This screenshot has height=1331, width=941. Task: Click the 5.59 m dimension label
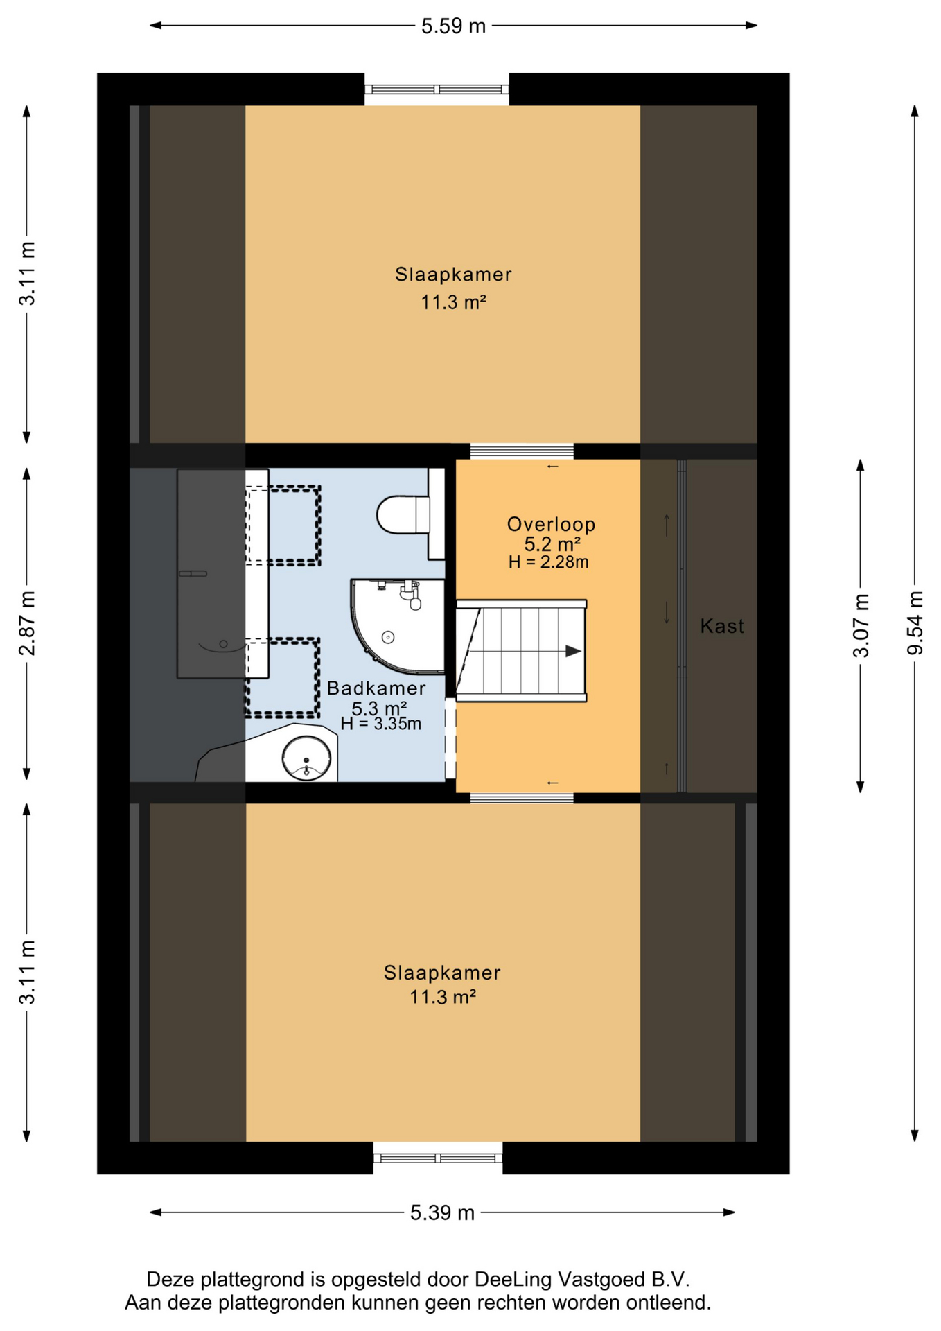pyautogui.click(x=453, y=26)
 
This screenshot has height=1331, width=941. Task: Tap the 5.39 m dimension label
pyautogui.click(x=442, y=1212)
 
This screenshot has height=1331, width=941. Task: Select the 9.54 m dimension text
pyautogui.click(x=915, y=623)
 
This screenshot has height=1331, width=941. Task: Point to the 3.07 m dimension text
pyautogui.click(x=861, y=625)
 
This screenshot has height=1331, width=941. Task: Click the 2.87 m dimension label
pyautogui.click(x=27, y=623)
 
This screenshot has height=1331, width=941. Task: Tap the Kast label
pyautogui.click(x=722, y=626)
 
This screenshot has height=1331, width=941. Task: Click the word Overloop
pyautogui.click(x=551, y=524)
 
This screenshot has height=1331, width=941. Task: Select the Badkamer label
pyautogui.click(x=376, y=688)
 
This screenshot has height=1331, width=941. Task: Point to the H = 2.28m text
pyautogui.click(x=548, y=562)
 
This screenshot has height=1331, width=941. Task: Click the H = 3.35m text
pyautogui.click(x=380, y=724)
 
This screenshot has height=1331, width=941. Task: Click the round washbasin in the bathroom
pyautogui.click(x=306, y=758)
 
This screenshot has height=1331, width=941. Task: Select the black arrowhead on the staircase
pyautogui.click(x=573, y=651)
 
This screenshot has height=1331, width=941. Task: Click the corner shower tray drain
pyautogui.click(x=388, y=637)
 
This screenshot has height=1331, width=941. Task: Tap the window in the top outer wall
pyautogui.click(x=437, y=89)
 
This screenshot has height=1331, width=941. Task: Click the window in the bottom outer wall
pyautogui.click(x=438, y=1158)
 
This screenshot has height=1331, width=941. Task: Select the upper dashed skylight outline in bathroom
pyautogui.click(x=283, y=525)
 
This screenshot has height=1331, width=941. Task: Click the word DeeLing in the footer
pyautogui.click(x=513, y=1280)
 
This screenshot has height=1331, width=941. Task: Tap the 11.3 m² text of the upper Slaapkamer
pyautogui.click(x=453, y=302)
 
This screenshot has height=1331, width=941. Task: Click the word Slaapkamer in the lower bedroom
pyautogui.click(x=442, y=973)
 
